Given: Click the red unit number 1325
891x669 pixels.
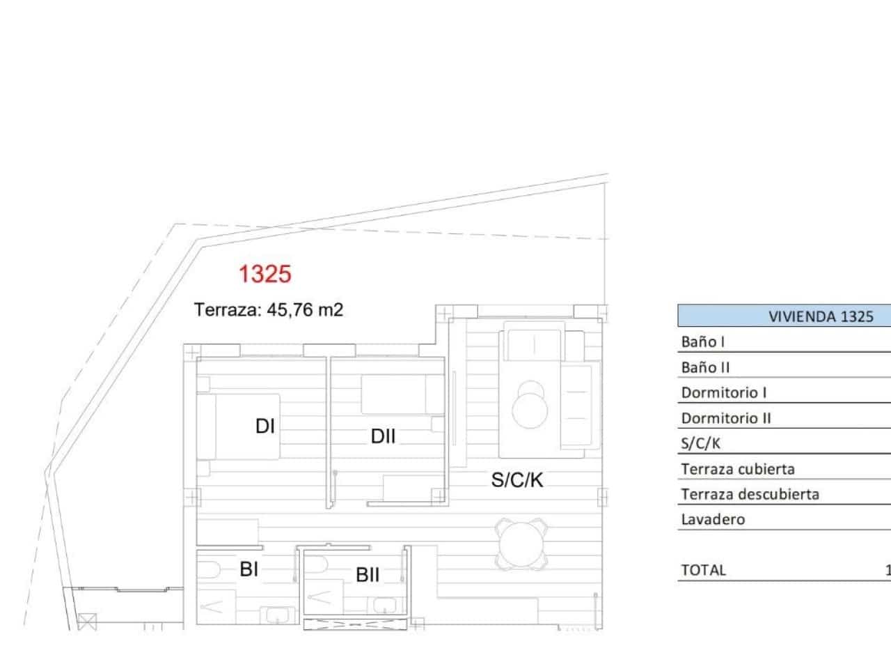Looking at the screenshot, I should [x=265, y=274].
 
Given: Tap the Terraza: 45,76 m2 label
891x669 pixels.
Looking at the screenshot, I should [x=269, y=310].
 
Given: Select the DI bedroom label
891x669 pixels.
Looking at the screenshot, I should [x=265, y=426].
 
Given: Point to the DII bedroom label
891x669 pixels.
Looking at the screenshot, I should [x=383, y=436].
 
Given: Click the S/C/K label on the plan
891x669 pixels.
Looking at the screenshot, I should [x=517, y=479].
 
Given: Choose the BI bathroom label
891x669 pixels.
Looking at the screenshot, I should [x=249, y=569].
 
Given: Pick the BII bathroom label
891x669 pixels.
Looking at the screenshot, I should [x=368, y=575].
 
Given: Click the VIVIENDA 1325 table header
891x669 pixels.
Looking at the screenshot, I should [x=820, y=316].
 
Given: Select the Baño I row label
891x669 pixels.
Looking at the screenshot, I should [x=703, y=342].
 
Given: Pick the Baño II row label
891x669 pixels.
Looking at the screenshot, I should [x=706, y=367].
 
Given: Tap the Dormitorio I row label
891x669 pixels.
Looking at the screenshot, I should [x=724, y=392].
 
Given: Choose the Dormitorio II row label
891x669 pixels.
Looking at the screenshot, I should [x=726, y=418].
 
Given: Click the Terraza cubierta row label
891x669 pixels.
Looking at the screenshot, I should [x=738, y=469].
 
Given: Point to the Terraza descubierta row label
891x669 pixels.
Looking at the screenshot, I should [x=750, y=494].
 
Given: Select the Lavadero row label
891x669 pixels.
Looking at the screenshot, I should [x=713, y=519].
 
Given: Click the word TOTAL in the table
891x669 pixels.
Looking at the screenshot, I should [x=703, y=570].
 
